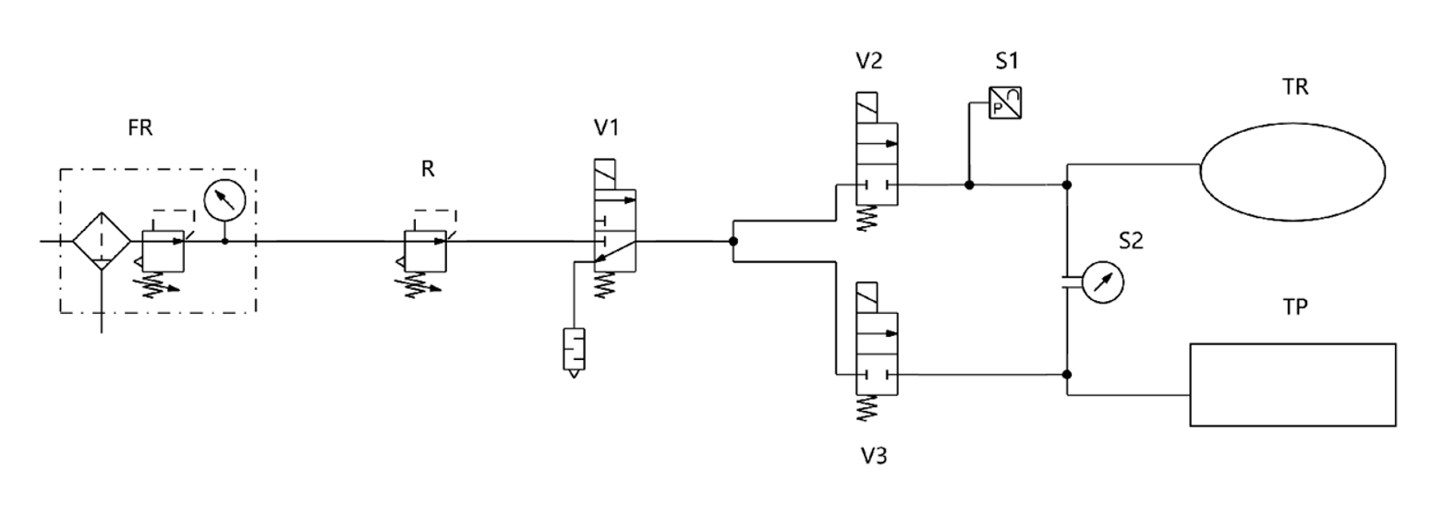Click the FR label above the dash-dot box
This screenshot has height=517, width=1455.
pyautogui.click(x=140, y=128)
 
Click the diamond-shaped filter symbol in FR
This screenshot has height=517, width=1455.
pyautogui.click(x=102, y=241)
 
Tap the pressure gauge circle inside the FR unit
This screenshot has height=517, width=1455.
pyautogui.click(x=224, y=199)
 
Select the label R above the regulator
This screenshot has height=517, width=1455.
pyautogui.click(x=427, y=169)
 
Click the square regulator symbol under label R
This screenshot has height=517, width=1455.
pyautogui.click(x=427, y=250)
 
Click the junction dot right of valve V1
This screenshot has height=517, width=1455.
pyautogui.click(x=733, y=242)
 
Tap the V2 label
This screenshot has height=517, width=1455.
pyautogui.click(x=868, y=61)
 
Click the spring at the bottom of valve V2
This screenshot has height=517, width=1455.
pyautogui.click(x=868, y=219)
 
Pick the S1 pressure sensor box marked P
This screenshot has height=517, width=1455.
pyautogui.click(x=1003, y=102)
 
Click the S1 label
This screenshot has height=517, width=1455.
pyautogui.click(x=1007, y=61)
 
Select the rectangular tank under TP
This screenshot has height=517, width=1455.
pyautogui.click(x=1291, y=384)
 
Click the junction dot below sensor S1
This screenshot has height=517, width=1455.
pyautogui.click(x=969, y=185)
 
